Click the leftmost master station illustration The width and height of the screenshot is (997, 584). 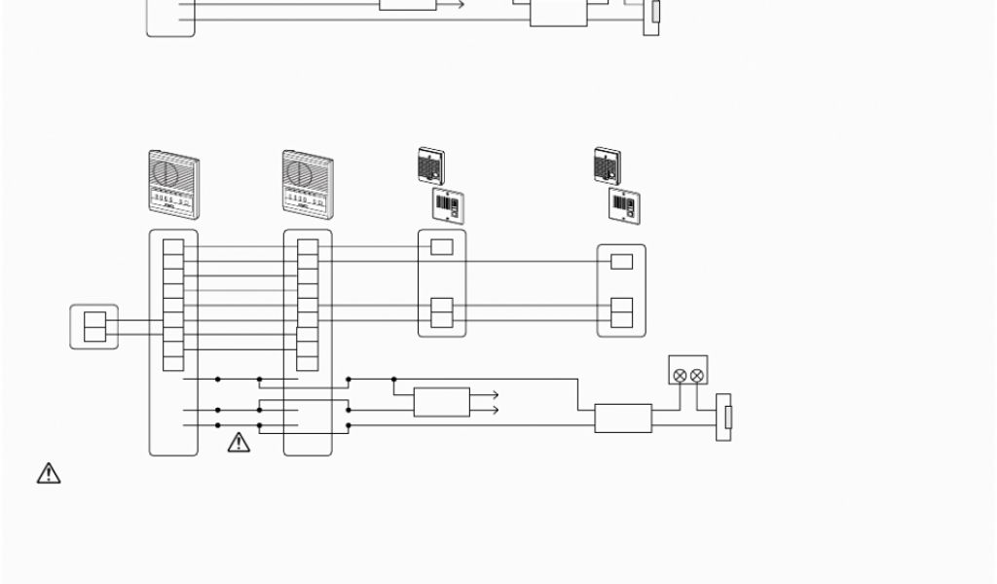point(173,182)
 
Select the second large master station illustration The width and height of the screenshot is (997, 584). point(308,182)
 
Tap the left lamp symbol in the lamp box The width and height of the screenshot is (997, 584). point(680,375)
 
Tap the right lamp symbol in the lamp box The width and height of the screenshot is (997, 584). point(696,375)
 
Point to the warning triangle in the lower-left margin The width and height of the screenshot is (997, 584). point(49,473)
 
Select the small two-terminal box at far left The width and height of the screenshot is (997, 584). point(94,327)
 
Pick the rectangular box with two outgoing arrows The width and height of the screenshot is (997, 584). point(441,402)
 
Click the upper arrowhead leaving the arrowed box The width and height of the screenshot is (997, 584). point(496,395)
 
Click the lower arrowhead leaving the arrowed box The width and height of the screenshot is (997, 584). point(496,411)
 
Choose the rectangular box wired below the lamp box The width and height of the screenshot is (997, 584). point(623,418)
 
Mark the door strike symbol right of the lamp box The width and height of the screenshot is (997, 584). point(723,417)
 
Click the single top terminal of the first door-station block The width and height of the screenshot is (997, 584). point(442,247)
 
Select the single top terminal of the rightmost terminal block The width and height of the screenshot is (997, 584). point(621,261)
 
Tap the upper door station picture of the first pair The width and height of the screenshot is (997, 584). point(430,165)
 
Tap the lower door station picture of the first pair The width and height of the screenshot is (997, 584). point(448,206)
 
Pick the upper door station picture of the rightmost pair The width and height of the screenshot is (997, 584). point(608,165)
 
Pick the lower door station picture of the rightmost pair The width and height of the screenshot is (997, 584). point(624,206)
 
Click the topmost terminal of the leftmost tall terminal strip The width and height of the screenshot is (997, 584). point(173,247)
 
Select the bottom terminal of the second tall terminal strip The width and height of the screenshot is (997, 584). point(308,363)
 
